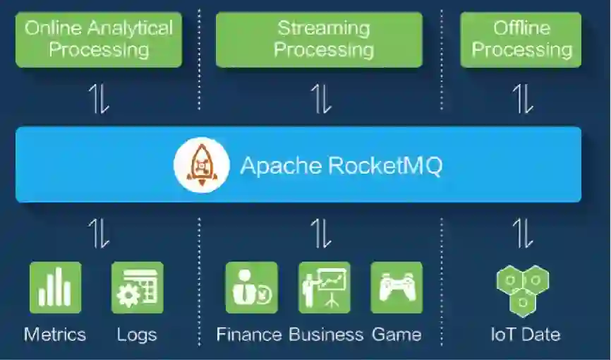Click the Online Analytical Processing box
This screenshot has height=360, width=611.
pos(98,40)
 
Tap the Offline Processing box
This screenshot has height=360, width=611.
pos(521,40)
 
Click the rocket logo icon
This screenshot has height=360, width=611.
pos(202,165)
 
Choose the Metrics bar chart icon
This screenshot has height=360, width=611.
pos(55,287)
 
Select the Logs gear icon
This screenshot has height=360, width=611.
pos(137,287)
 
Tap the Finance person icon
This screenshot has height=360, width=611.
pos(251,287)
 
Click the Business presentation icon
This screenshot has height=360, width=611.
pos(324,287)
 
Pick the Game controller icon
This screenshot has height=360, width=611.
pos(397,287)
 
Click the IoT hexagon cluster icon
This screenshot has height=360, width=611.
pos(523,290)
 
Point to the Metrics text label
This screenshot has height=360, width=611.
pos(55,334)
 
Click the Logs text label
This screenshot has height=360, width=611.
pos(137,334)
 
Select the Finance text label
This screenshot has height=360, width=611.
pos(250,334)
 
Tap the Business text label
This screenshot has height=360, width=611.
pos(326,334)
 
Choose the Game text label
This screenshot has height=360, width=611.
pos(397,334)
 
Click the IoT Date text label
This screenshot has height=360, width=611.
pos(525,334)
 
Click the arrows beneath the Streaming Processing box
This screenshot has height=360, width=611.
pos(321,99)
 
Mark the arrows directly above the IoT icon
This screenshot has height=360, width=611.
pos(523,233)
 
